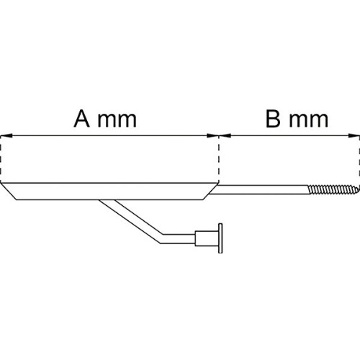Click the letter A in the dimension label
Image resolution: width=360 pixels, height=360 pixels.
(x=82, y=119)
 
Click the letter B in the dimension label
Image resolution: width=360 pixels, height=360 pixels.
(x=273, y=119)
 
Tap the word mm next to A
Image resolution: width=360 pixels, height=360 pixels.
(x=117, y=121)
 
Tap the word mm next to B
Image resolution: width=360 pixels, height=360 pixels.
(x=309, y=121)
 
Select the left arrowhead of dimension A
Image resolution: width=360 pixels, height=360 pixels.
(x=6, y=135)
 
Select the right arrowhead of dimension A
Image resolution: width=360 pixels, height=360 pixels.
(x=212, y=135)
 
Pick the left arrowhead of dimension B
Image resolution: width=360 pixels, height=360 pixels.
(x=225, y=135)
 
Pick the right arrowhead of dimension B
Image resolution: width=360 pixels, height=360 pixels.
(x=354, y=135)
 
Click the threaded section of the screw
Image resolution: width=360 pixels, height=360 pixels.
(x=333, y=189)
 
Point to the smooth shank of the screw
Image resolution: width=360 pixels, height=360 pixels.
(x=261, y=189)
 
